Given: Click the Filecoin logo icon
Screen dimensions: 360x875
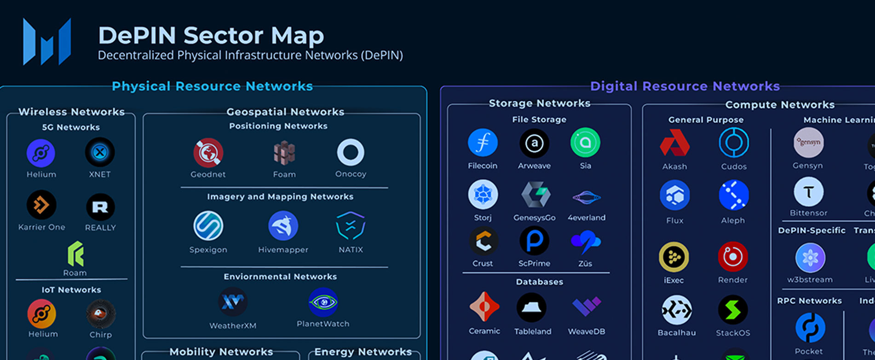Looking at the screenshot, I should (483, 143).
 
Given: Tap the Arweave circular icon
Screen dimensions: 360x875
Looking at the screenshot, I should (534, 143).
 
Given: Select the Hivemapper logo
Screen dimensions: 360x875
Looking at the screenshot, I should (283, 226).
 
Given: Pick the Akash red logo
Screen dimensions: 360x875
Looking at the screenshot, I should (674, 143).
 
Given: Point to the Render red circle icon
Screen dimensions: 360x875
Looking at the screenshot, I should (732, 256).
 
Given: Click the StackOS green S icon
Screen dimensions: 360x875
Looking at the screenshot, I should (732, 310).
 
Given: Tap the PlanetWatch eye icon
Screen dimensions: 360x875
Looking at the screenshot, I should (323, 302).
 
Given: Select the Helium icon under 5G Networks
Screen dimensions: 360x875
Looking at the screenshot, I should (41, 153).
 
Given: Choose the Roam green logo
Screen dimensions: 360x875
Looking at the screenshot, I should (75, 254).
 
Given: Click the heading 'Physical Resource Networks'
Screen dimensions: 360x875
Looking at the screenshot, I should (212, 86).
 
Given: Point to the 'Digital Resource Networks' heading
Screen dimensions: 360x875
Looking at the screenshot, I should (685, 86).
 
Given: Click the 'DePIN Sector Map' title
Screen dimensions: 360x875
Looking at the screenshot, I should (211, 35).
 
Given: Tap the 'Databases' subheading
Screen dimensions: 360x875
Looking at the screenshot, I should (539, 282).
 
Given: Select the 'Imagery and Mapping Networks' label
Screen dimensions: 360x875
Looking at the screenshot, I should (280, 197).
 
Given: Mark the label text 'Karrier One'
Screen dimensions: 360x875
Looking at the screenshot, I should (41, 227).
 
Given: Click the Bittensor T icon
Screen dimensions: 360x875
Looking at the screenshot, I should (808, 192).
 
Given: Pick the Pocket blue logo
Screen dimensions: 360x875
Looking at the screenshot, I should (810, 328).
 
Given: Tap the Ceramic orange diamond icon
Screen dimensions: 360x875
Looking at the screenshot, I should (484, 307).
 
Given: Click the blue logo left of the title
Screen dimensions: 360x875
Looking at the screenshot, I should (47, 41).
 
